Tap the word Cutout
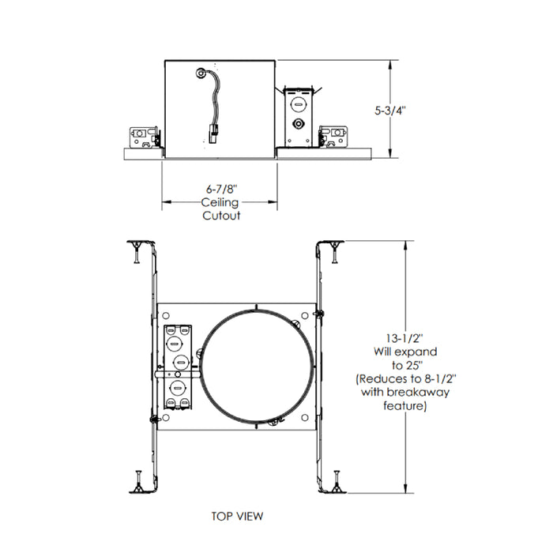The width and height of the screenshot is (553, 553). click(x=220, y=215)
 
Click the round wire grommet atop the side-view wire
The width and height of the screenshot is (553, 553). click(x=201, y=74)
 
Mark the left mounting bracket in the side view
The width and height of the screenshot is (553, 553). click(x=145, y=135)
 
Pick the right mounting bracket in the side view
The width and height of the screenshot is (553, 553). click(x=333, y=135)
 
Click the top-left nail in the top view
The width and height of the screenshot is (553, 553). click(x=136, y=251)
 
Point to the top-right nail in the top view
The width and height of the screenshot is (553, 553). click(x=336, y=251)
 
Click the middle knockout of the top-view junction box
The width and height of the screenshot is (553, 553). click(x=180, y=363)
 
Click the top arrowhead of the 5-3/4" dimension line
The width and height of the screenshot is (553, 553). click(x=393, y=64)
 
